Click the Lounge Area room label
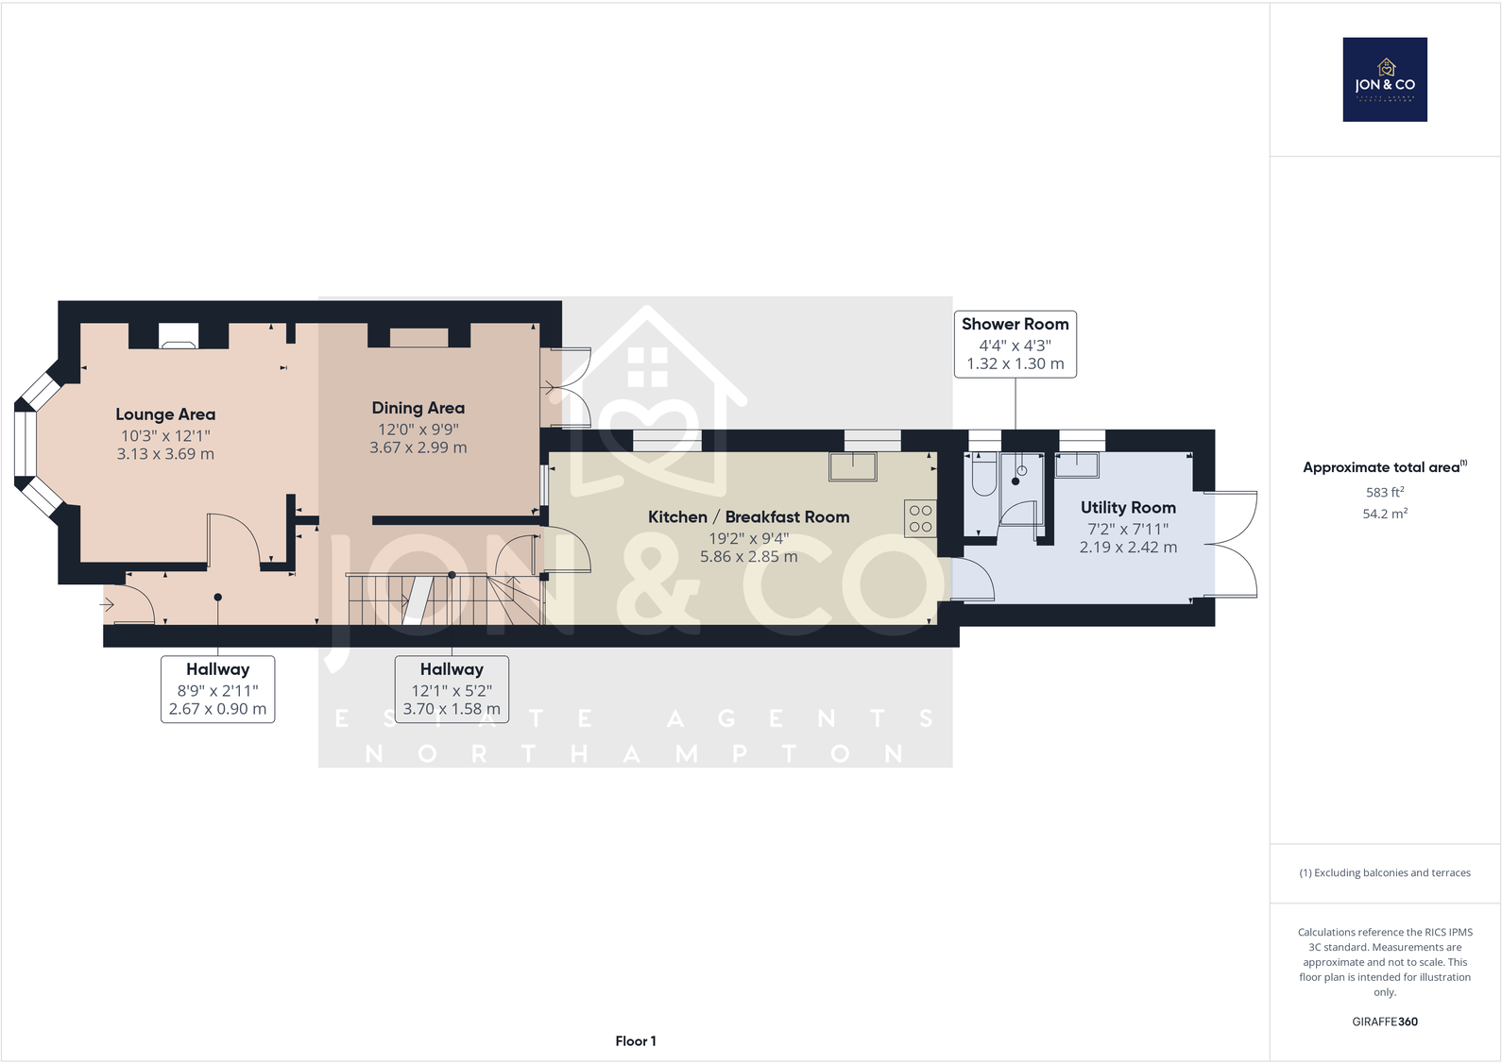pos(165,414)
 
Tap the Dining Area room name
pos(418,408)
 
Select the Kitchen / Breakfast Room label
pos(748,517)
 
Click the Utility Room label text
pos(1128,508)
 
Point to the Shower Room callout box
pos(1015,344)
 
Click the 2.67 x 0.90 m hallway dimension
pos(217,709)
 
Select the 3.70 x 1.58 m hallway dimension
pos(452,709)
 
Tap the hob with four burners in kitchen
pos(920,518)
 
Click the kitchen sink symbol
pos(853,465)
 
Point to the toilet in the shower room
pos(983,477)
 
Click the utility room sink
pos(1077,464)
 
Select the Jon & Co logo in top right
pos(1385,79)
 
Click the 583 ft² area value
pos(1385,492)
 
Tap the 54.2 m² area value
pos(1385,514)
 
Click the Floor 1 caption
pos(636,1041)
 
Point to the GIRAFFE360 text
pos(1385,1022)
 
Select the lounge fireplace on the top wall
pos(178,336)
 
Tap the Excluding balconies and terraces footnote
pos(1385,873)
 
